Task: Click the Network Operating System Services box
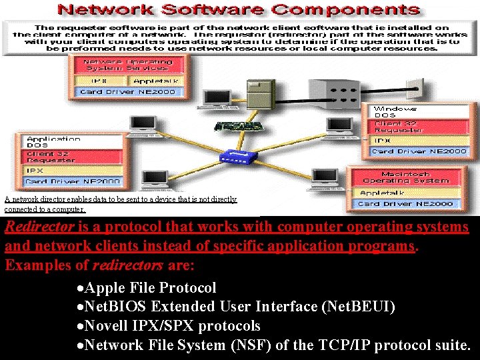127,65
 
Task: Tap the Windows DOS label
395,112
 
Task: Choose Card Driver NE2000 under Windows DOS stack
419,151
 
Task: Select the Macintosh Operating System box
415,177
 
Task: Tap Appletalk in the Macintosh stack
382,193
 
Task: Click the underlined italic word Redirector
39,227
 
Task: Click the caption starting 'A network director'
120,204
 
